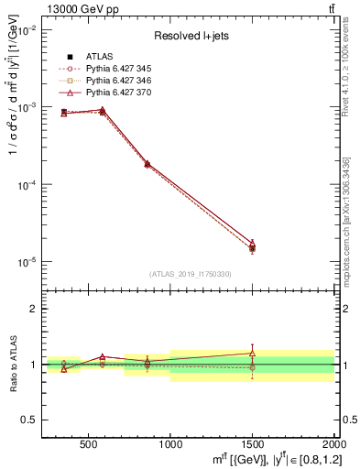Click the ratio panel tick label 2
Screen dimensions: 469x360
tap(34, 309)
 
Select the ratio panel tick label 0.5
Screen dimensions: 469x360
tap(29, 420)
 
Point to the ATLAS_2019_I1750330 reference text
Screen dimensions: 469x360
tap(190, 274)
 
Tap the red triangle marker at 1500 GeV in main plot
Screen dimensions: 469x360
tap(252, 243)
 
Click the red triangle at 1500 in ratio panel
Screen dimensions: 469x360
tap(252, 353)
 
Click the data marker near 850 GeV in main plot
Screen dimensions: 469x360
tap(147, 164)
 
